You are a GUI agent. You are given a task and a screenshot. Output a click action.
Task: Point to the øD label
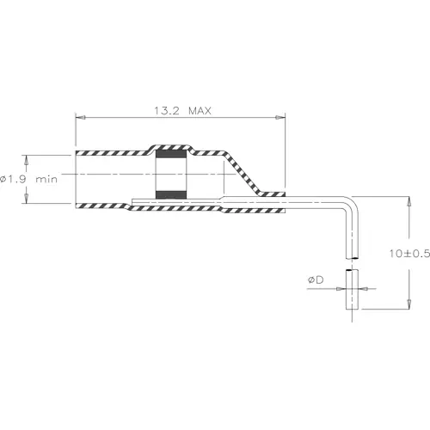tap(316, 280)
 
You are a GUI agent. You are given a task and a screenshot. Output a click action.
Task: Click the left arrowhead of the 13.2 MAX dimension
tap(80, 119)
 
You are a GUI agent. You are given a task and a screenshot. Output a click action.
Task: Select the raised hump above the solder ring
tap(171, 146)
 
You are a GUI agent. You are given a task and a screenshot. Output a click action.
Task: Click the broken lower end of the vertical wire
tap(350, 257)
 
